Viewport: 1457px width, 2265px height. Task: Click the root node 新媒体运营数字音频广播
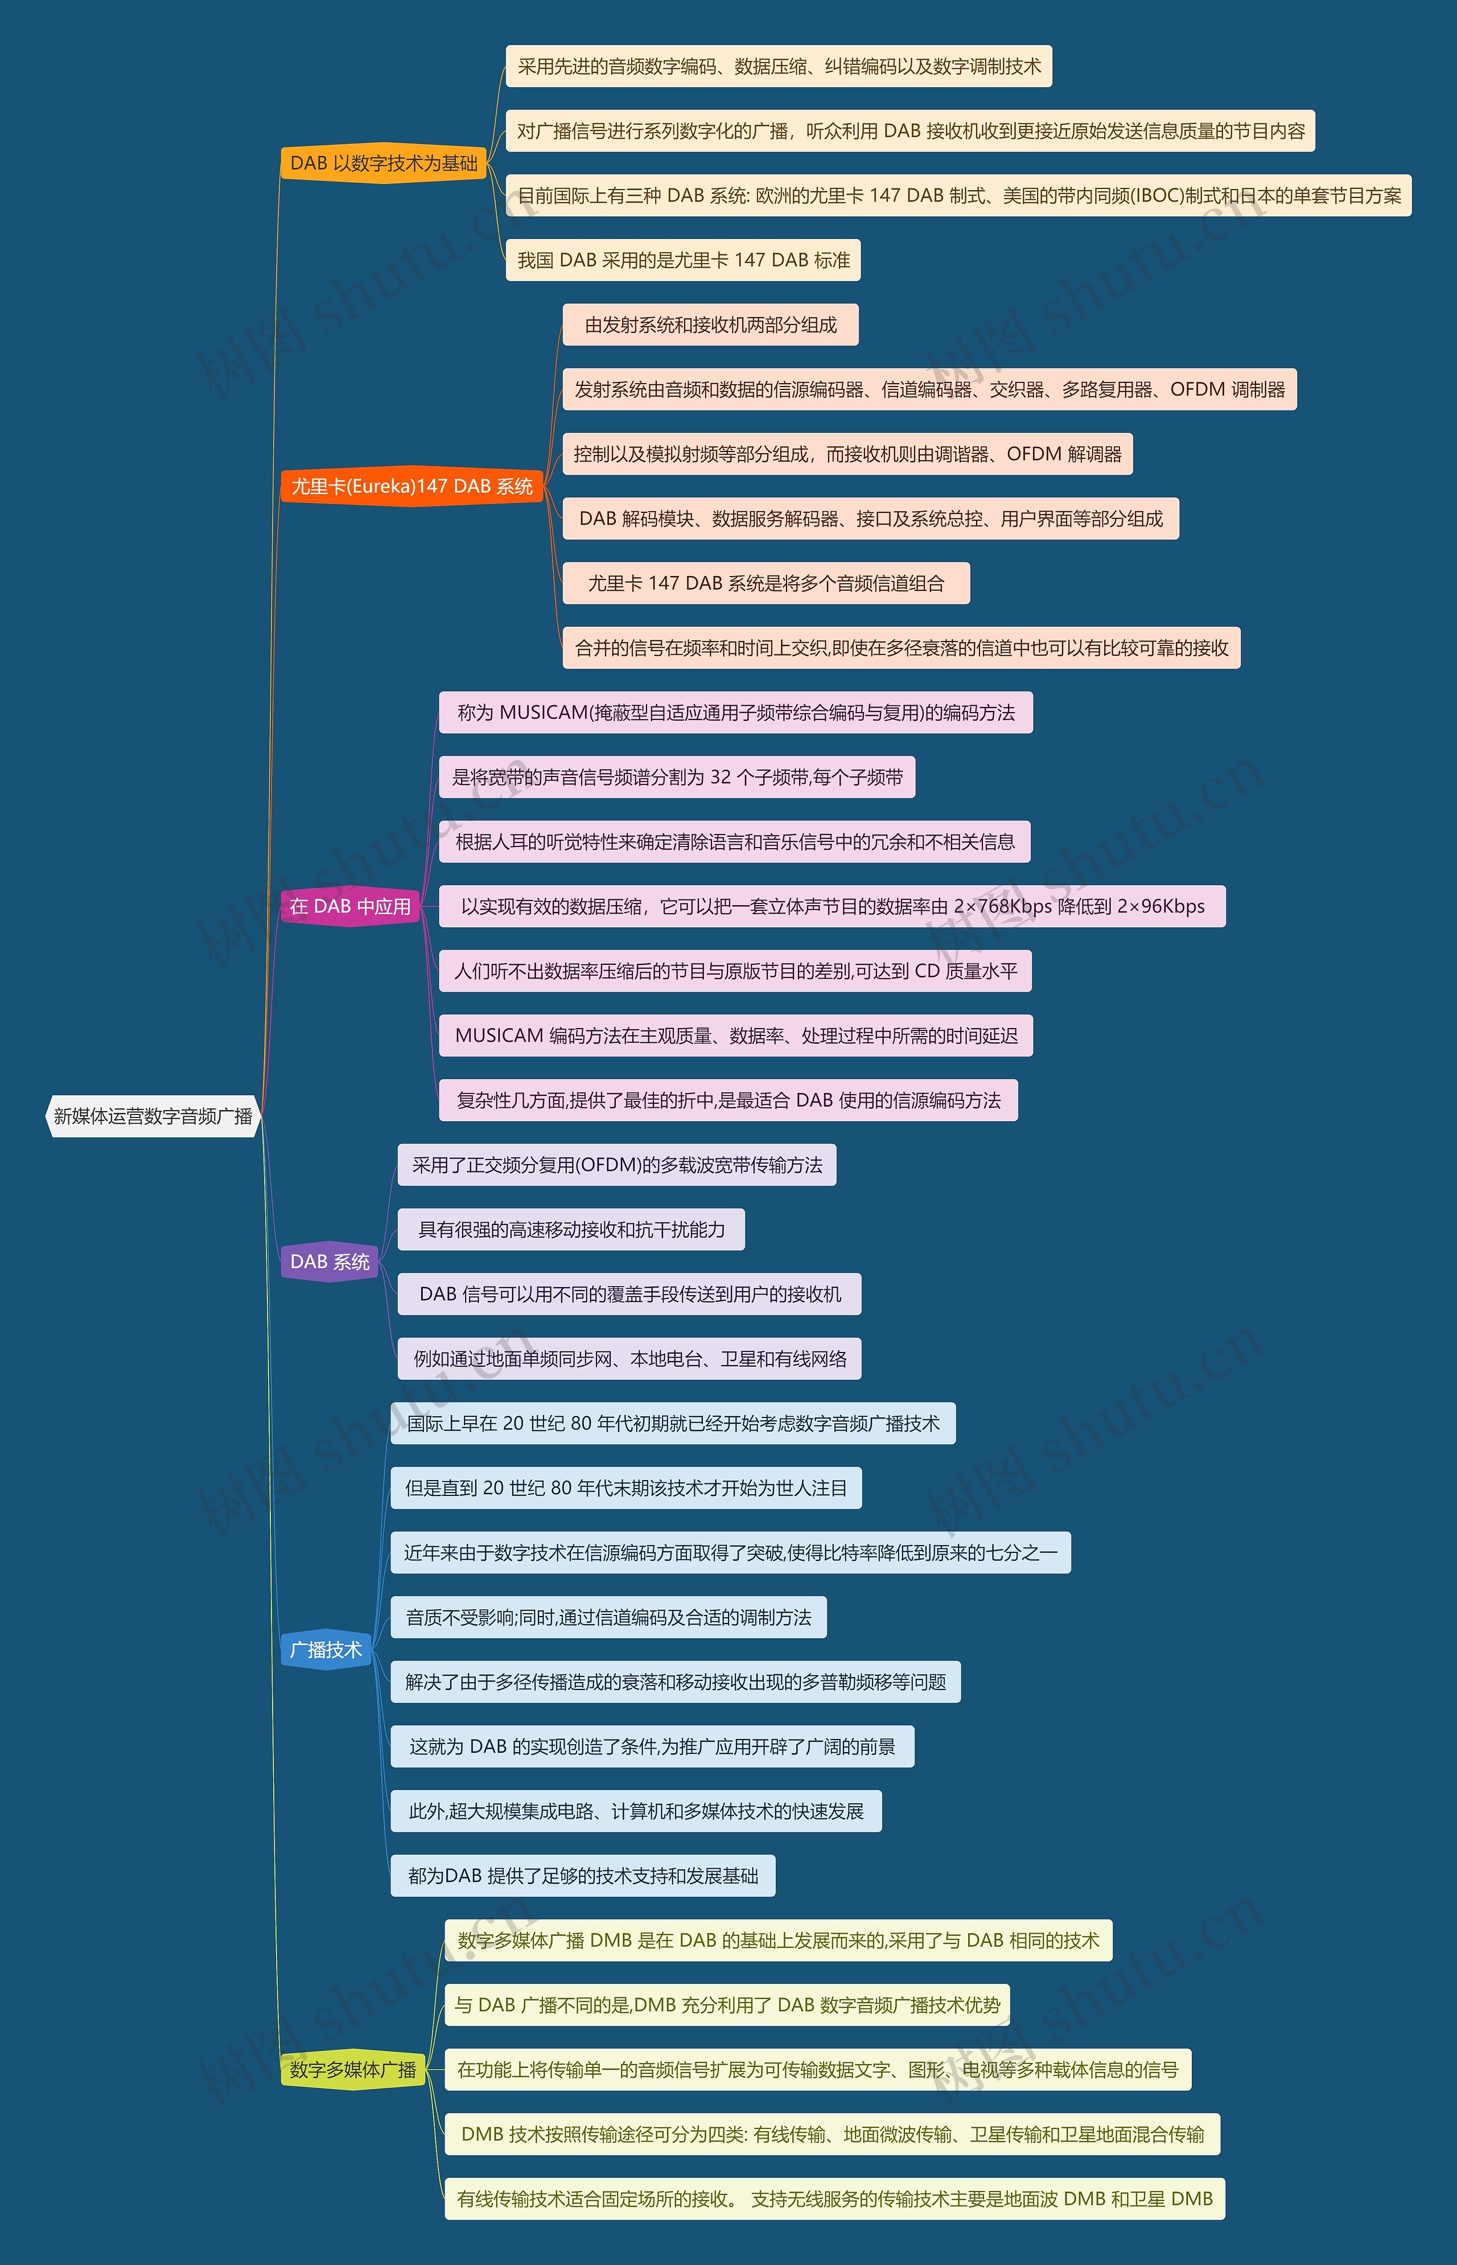click(x=153, y=1116)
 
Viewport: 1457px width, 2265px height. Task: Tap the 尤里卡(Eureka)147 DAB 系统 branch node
click(x=411, y=486)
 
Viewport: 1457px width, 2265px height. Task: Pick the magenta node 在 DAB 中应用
click(x=350, y=906)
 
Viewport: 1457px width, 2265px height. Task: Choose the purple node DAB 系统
click(x=329, y=1262)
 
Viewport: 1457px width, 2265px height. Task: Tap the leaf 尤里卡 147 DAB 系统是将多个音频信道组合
click(x=766, y=583)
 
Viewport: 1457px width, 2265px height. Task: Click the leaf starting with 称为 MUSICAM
click(x=735, y=713)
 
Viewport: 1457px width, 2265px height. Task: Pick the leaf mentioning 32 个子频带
click(x=677, y=778)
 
